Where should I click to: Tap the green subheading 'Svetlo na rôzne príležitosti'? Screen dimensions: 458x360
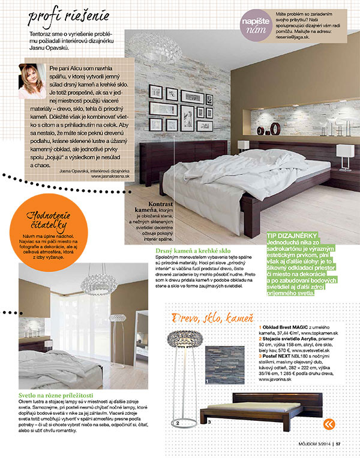coord(61,396)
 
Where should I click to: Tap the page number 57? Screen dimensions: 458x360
coord(338,444)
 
